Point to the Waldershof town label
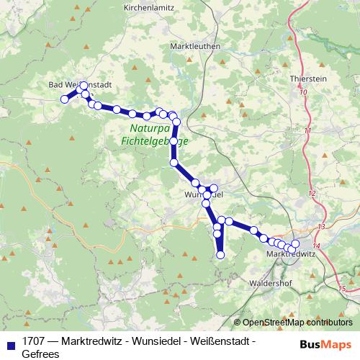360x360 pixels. (269, 283)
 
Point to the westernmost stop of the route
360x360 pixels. (64, 99)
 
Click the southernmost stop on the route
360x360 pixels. (221, 254)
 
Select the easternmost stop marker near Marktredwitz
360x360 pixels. (295, 244)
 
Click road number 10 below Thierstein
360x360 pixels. (302, 92)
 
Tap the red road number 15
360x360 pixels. (341, 286)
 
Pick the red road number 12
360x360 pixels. (312, 194)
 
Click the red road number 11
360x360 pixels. (308, 130)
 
